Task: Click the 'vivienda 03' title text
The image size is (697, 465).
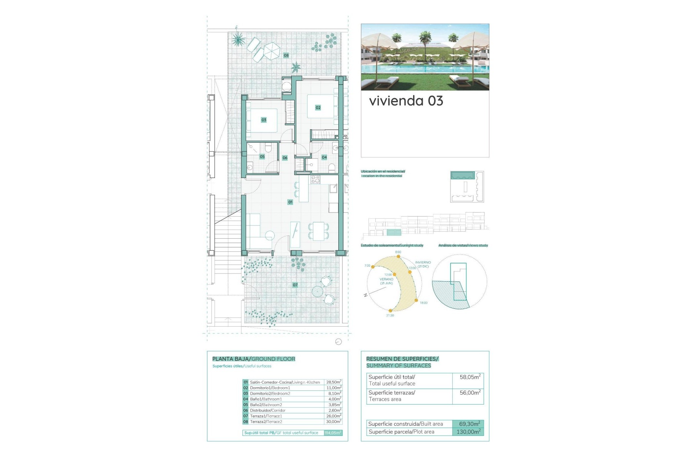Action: coord(406,101)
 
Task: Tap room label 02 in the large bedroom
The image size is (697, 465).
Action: coord(318,108)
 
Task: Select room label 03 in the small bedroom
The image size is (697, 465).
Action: coord(264,120)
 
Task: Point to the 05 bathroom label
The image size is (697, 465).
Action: coord(262,157)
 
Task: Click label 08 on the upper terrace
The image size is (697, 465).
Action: coord(286,56)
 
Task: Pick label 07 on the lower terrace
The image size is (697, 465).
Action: coord(295,285)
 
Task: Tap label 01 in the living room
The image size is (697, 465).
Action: coord(290,202)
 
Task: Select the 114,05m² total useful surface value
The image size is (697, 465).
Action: coord(333,433)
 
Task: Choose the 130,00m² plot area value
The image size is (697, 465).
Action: coord(468,432)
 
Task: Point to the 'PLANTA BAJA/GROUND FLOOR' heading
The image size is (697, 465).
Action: coord(254,359)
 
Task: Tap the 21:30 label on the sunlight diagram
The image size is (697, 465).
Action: coord(390,316)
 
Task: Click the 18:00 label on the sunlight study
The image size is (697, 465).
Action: coord(424,303)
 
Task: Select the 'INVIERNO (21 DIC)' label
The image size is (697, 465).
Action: coord(423,264)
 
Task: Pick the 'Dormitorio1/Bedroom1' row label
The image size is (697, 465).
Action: coord(270,388)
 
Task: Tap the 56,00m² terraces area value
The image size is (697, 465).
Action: coord(470,393)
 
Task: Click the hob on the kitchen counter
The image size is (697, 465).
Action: coord(315,179)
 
